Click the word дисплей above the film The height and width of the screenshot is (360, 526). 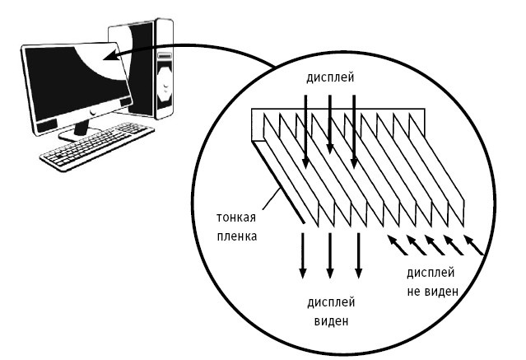click(330, 78)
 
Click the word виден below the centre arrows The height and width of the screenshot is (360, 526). click(331, 320)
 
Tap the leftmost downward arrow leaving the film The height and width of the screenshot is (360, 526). click(303, 255)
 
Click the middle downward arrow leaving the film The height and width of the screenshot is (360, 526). click(330, 255)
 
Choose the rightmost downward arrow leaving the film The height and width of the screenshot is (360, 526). click(358, 255)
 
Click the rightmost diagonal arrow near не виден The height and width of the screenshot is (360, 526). click(472, 243)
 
